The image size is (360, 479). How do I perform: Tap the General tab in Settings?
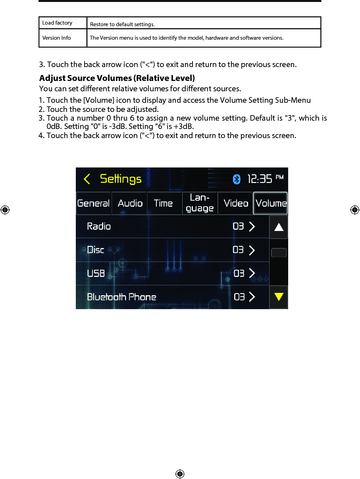point(94,203)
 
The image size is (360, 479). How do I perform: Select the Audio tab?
point(130,203)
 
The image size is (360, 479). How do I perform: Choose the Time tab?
point(163,203)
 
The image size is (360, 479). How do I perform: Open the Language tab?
point(200,203)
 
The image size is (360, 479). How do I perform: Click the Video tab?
point(236,203)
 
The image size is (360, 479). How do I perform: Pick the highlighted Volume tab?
point(271,203)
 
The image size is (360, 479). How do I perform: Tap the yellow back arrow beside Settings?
point(87,179)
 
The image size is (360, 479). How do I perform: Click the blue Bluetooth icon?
point(237,179)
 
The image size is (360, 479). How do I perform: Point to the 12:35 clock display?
point(260,179)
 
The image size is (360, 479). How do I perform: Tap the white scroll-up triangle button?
point(279,227)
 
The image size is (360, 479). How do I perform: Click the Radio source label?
point(99,226)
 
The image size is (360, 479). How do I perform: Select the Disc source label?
point(96,250)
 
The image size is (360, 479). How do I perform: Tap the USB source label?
point(96,273)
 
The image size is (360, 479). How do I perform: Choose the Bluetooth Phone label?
point(121,297)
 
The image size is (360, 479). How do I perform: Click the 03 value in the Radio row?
point(238,226)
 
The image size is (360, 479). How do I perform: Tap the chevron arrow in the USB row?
point(252,273)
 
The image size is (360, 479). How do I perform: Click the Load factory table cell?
point(63,23)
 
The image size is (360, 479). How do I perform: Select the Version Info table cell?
point(63,38)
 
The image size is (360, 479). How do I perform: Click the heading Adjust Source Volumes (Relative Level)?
point(117,78)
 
